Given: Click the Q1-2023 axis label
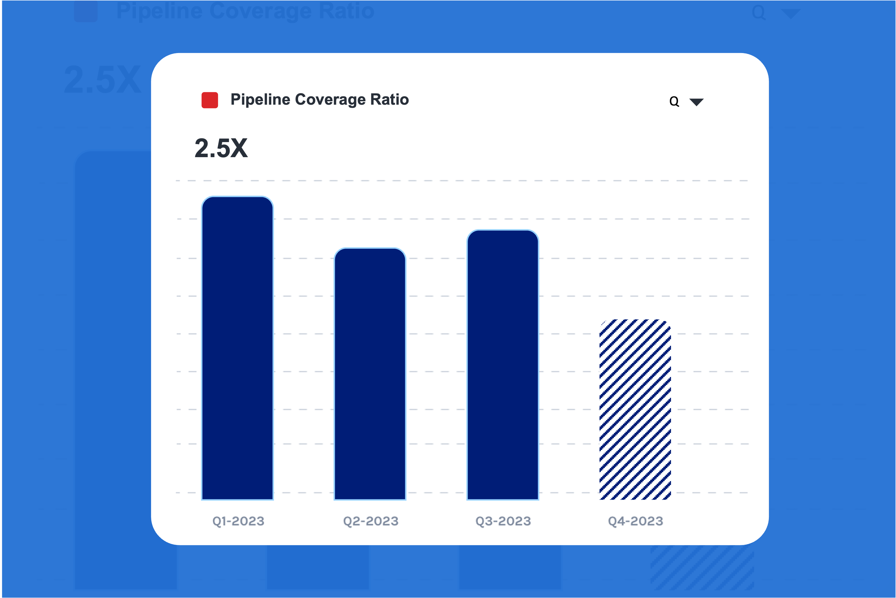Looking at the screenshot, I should [238, 521].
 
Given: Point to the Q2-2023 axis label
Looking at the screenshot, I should [371, 521].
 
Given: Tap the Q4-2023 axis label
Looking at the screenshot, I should [635, 521].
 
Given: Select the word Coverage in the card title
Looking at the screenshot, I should [330, 100].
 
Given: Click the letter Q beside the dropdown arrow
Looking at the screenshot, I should [674, 102].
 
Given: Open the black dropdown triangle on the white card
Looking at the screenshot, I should [696, 102].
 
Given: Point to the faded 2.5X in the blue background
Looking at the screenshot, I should [102, 80].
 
